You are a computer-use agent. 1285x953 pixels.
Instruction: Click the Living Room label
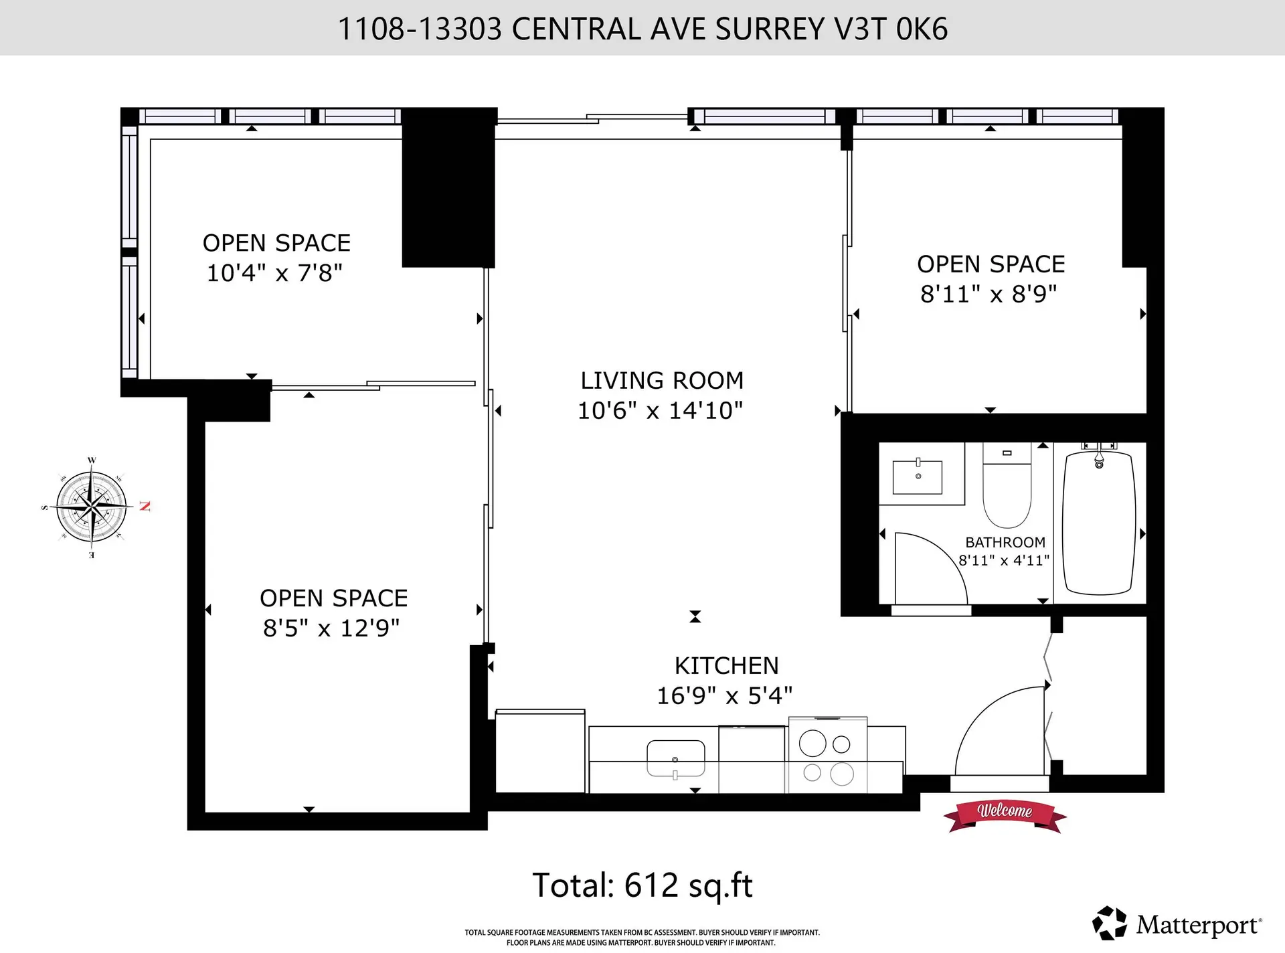pos(661,380)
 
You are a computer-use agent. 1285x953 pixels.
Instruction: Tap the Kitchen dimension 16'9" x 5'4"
pos(724,695)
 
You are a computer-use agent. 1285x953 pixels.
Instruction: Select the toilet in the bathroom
pos(1007,489)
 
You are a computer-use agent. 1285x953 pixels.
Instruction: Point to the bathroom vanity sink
pos(918,476)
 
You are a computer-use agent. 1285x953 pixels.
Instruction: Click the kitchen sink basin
pos(675,758)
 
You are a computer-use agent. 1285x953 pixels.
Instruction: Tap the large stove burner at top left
pos(812,743)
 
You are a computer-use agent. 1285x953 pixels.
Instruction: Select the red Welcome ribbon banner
pos(1005,813)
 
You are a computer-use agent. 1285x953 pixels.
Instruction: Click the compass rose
pos(92,507)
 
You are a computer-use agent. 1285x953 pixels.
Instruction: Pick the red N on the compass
pos(145,506)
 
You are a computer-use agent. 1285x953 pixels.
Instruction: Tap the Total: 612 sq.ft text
pos(642,885)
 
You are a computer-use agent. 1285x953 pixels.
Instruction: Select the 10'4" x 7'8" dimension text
pos(274,273)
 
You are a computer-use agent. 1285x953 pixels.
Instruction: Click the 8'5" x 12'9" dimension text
pos(331,628)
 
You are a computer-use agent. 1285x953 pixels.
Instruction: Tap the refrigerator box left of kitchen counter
pos(539,751)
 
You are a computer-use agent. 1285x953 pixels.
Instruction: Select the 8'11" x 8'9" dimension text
pos(989,294)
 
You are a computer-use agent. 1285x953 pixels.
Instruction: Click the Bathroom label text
pos(1005,542)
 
